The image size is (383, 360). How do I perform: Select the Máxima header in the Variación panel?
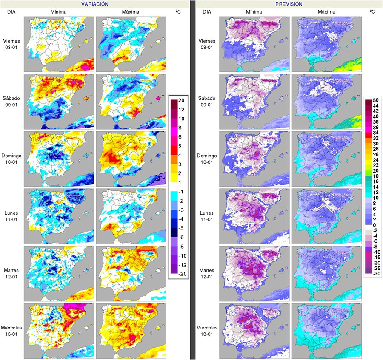coord(130,12)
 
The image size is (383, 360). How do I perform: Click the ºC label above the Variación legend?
coord(178,12)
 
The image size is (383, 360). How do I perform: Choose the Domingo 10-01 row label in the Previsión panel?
coord(208,159)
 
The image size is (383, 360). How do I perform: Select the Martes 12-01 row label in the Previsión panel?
coord(208,273)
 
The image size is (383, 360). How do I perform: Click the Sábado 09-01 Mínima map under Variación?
coord(58,101)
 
